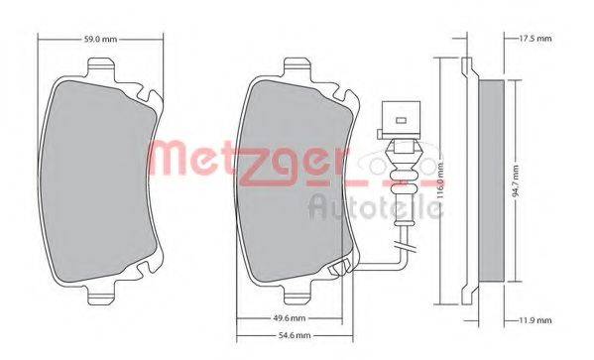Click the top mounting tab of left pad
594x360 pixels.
pyautogui.click(x=100, y=67)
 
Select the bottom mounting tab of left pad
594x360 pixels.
pyautogui.click(x=100, y=296)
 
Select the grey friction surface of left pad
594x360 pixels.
pyautogui.click(x=99, y=179)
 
